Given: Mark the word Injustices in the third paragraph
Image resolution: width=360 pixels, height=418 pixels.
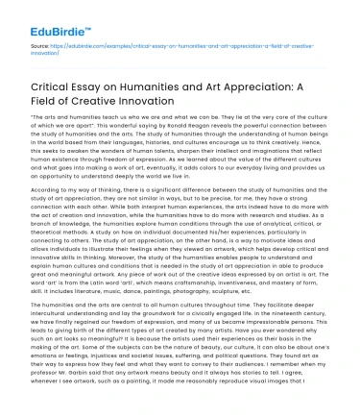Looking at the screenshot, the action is click(108, 347).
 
